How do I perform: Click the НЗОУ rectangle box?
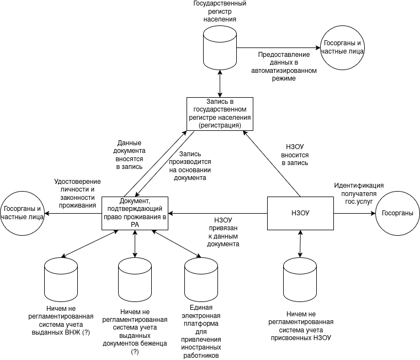point(300,213)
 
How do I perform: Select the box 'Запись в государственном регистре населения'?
point(220,114)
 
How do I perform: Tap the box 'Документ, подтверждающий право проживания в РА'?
point(135,213)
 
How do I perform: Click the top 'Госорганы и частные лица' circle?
point(342,47)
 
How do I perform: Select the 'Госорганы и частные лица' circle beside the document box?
point(22,213)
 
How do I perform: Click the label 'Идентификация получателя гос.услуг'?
point(358,193)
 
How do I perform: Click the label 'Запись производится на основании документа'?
point(188,166)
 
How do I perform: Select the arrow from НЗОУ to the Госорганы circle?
point(354,213)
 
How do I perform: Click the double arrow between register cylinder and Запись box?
point(220,84)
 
